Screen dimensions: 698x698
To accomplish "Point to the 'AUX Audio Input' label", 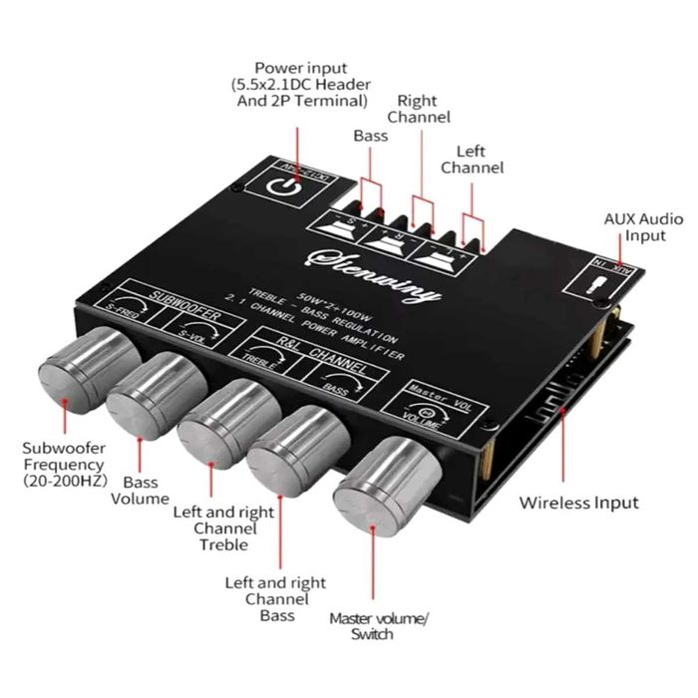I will click(x=643, y=226).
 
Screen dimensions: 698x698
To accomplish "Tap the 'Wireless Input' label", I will click(x=578, y=503).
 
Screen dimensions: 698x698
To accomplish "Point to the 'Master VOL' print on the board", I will click(x=435, y=392).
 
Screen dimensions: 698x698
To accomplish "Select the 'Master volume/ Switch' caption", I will click(x=378, y=626).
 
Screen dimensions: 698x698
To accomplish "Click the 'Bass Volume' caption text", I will click(x=140, y=490).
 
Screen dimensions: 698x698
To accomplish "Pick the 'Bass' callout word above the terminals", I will click(x=370, y=135).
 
